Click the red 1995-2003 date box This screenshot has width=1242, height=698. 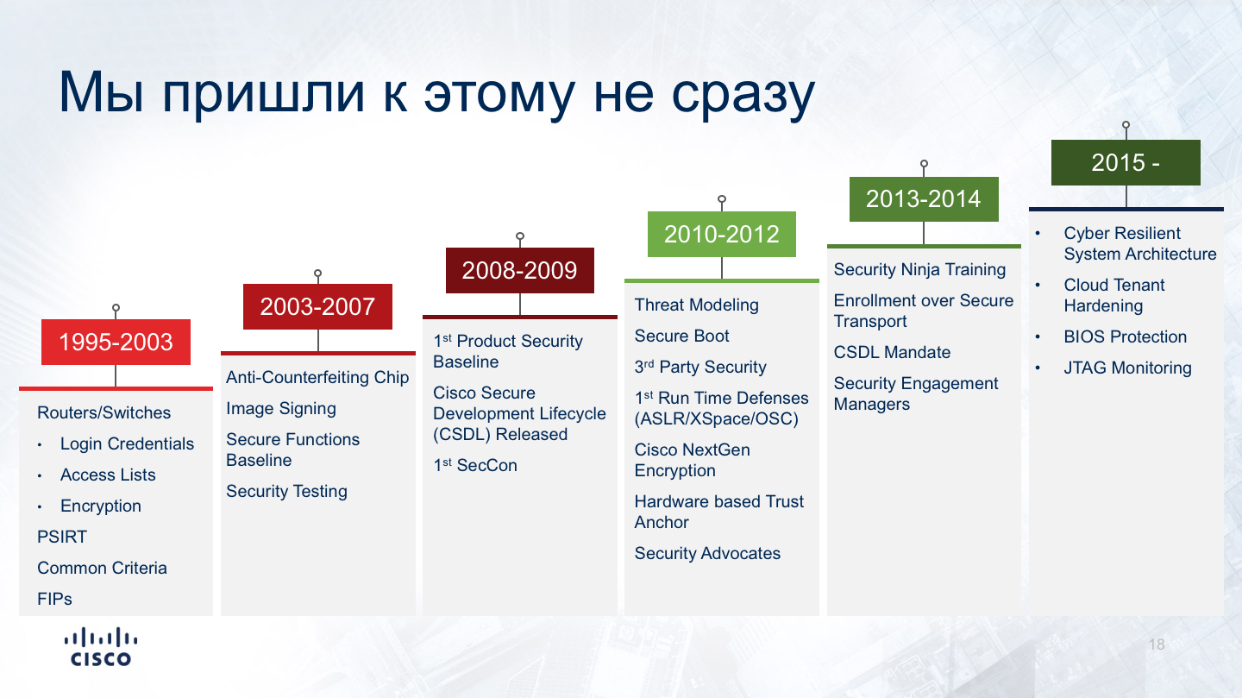(x=116, y=342)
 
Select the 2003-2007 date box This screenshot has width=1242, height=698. (x=317, y=307)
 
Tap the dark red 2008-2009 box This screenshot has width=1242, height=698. (x=520, y=270)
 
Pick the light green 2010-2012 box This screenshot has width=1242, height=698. (x=722, y=234)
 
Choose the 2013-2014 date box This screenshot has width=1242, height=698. (x=924, y=199)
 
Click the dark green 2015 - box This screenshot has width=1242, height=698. (x=1126, y=162)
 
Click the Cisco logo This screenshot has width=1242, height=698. (x=101, y=646)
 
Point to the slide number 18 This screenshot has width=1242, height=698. (x=1157, y=645)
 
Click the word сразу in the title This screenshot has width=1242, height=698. (x=743, y=93)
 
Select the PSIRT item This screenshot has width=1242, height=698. (x=62, y=537)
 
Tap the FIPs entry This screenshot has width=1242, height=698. (x=54, y=599)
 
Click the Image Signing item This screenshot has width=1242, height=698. (x=281, y=409)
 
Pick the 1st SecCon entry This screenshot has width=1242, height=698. (x=475, y=465)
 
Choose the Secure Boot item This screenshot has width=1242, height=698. (x=682, y=336)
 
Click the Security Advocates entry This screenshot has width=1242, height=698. (x=707, y=553)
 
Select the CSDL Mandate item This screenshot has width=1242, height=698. (x=892, y=352)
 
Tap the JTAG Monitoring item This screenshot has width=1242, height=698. (x=1128, y=368)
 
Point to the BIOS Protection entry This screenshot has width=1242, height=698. (x=1126, y=336)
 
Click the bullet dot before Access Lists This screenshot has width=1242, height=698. (x=40, y=475)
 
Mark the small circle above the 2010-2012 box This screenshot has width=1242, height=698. (x=722, y=199)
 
